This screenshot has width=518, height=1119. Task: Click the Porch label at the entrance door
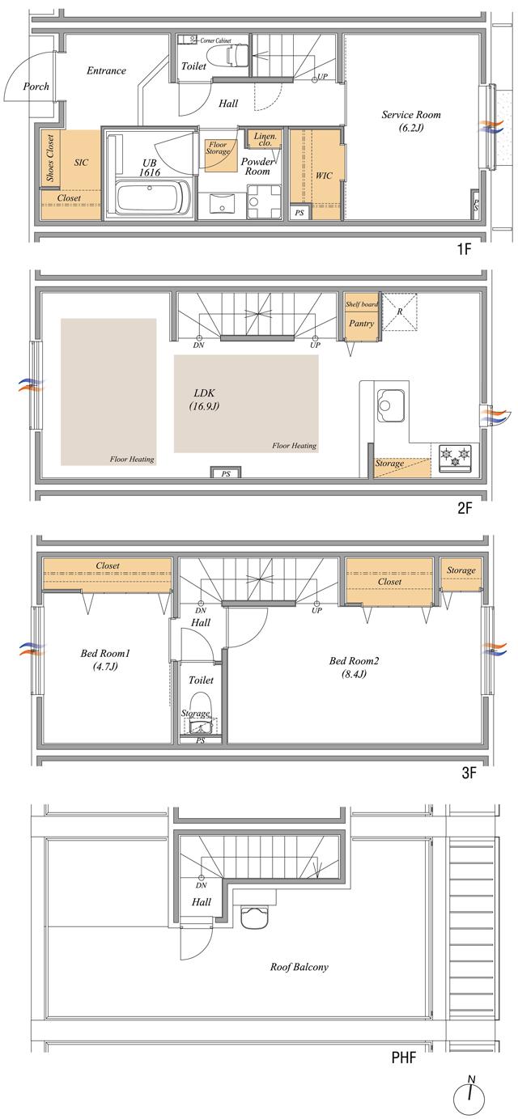(36, 87)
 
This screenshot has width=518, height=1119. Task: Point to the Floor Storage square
(219, 154)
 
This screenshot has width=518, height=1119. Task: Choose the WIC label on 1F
(324, 175)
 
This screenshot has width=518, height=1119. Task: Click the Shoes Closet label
(50, 158)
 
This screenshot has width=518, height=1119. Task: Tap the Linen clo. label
(265, 140)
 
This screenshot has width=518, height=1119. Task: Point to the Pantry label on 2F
(360, 323)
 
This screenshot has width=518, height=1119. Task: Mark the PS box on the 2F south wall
(225, 473)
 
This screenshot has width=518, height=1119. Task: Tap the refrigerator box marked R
(400, 312)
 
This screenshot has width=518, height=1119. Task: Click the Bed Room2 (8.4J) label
(354, 667)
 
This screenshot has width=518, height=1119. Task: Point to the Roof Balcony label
(299, 966)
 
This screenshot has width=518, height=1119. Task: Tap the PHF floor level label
(403, 1057)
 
